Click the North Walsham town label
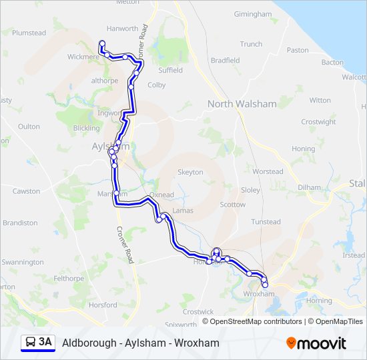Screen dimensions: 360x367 click(x=242, y=103)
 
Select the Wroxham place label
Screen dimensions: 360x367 click(x=259, y=293)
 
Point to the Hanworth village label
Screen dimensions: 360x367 click(x=122, y=29)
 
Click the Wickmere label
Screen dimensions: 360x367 click(x=83, y=57)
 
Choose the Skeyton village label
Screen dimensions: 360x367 click(x=190, y=172)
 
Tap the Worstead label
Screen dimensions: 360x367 click(x=268, y=171)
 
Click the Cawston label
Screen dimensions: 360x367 click(x=27, y=191)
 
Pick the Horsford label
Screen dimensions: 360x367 click(x=103, y=305)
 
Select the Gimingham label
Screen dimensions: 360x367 click(x=253, y=14)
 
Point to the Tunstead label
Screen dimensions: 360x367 click(x=266, y=222)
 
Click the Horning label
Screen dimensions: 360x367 click(x=319, y=301)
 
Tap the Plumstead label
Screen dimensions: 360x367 click(x=29, y=33)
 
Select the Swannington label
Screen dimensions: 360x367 click(x=22, y=262)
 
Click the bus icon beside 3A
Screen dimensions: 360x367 click(x=31, y=343)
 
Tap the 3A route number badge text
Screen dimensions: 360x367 click(x=45, y=343)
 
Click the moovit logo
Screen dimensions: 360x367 click(x=316, y=343)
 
